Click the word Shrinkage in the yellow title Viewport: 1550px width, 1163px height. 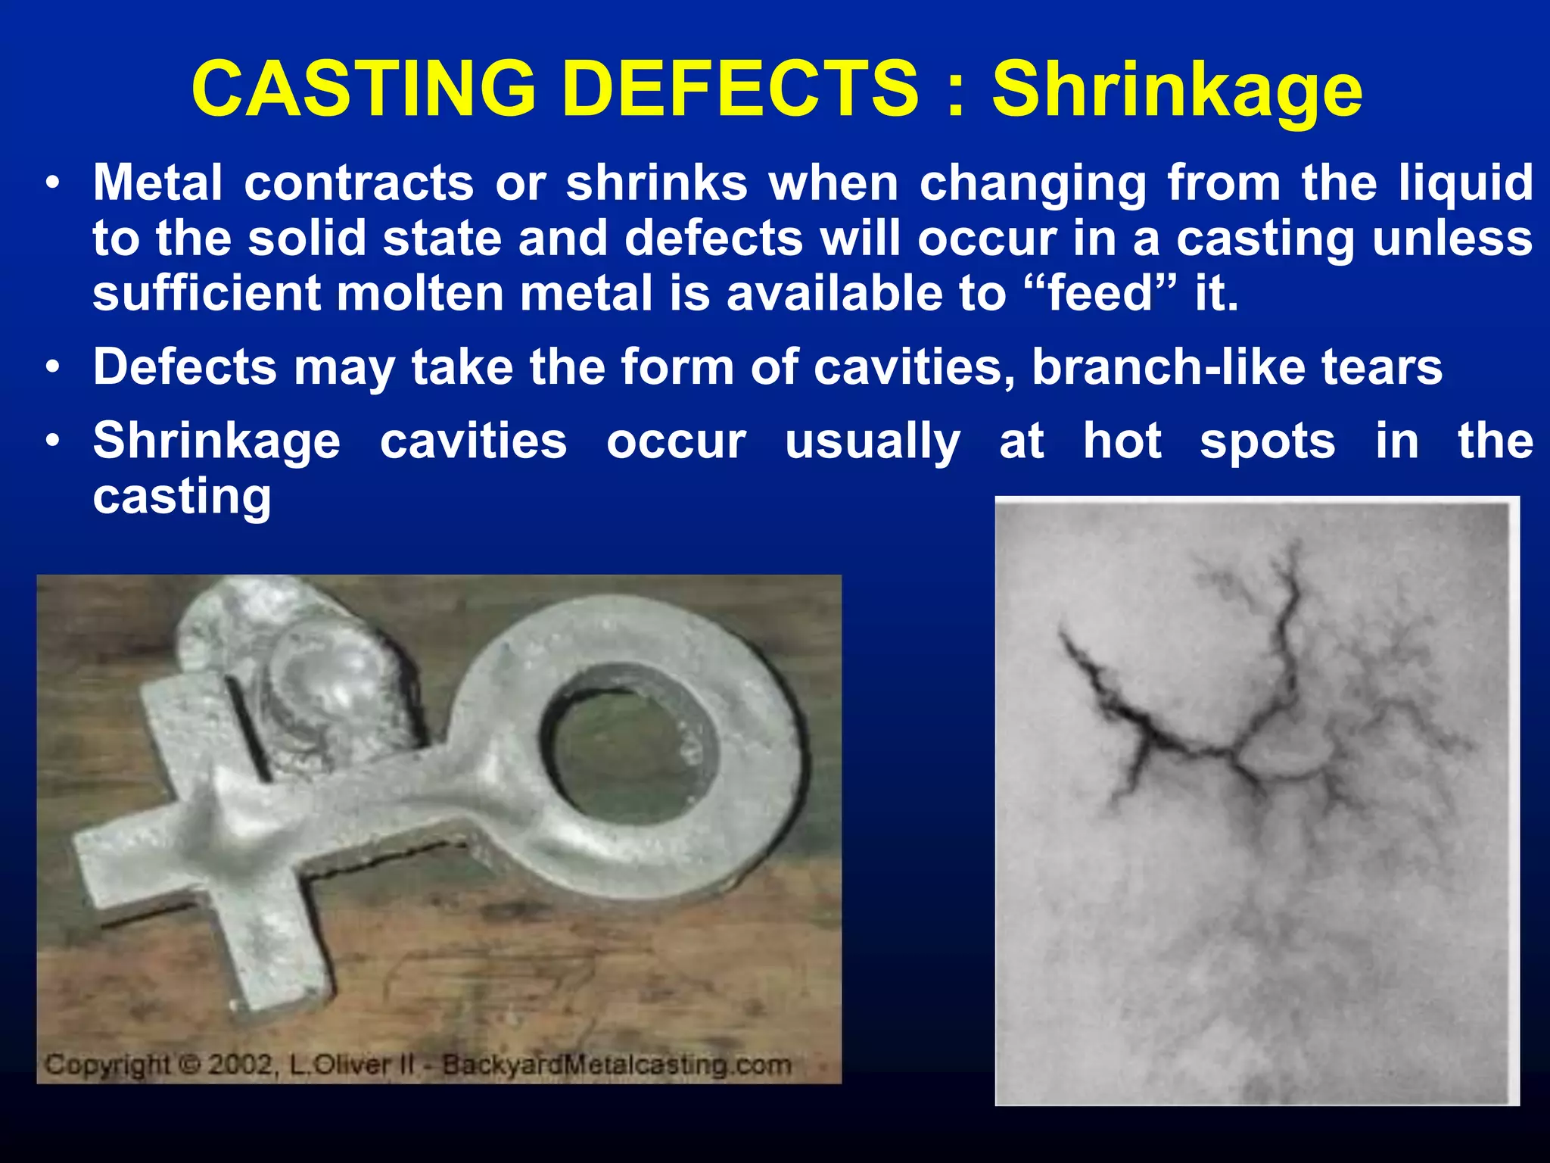(x=1177, y=89)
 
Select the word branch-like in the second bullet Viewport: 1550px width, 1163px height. (x=1169, y=367)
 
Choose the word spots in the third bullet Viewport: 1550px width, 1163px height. (x=1267, y=443)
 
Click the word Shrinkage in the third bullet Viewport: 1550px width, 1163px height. (x=216, y=442)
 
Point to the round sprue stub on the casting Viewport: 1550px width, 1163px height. (x=318, y=666)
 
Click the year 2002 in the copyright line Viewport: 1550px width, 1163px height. (x=239, y=1065)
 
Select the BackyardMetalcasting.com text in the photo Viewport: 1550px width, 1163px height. (x=617, y=1065)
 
